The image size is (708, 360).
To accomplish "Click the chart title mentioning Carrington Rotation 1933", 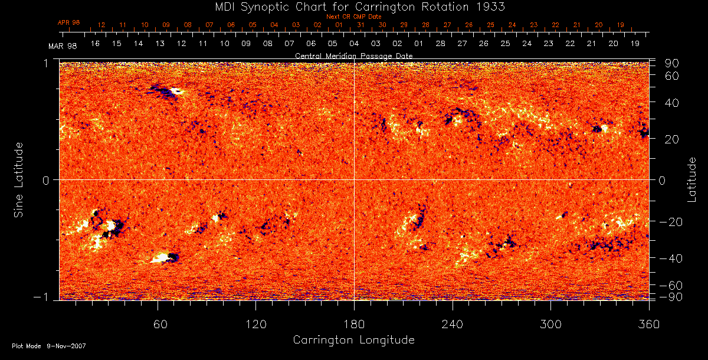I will pyautogui.click(x=354, y=6).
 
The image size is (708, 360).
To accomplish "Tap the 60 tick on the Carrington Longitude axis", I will pyautogui.click(x=158, y=324).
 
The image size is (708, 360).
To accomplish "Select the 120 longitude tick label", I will pyautogui.click(x=255, y=324).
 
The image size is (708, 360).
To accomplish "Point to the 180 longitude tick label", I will pyautogui.click(x=354, y=324).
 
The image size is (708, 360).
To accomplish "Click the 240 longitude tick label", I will pyautogui.click(x=452, y=324).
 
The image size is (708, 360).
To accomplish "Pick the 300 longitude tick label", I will pyautogui.click(x=550, y=324).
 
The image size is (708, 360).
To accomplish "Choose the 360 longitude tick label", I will pyautogui.click(x=648, y=324).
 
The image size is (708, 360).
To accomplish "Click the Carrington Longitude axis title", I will pyautogui.click(x=353, y=340).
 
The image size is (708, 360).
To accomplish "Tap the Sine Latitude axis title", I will pyautogui.click(x=19, y=179).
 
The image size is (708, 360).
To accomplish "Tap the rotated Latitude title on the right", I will pyautogui.click(x=691, y=179).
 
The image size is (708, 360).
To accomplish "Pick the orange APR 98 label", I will pyautogui.click(x=68, y=22).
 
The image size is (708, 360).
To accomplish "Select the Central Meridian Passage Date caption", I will pyautogui.click(x=353, y=55).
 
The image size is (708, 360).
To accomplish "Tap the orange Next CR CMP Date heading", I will pyautogui.click(x=353, y=17).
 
